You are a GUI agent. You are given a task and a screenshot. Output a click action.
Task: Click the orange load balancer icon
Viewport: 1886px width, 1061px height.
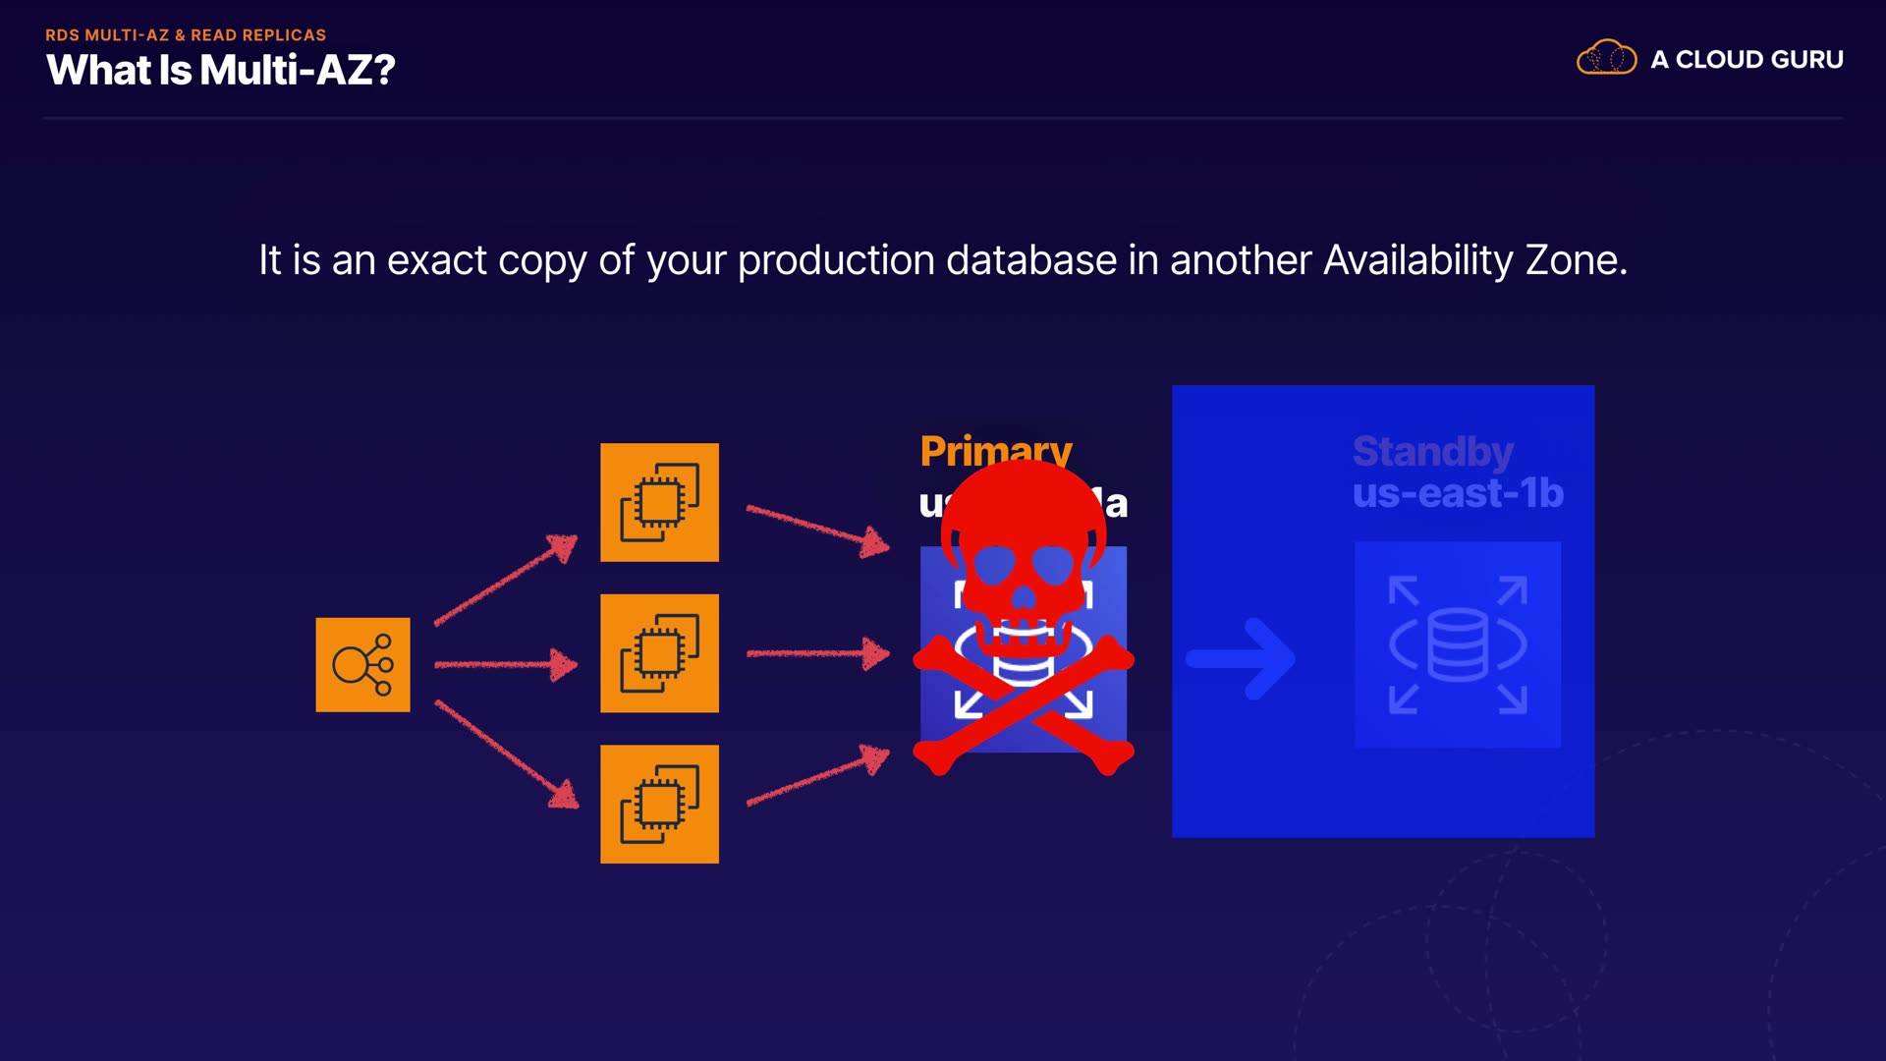coord(362,665)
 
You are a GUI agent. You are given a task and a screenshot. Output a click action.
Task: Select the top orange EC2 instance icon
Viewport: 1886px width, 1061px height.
coord(659,502)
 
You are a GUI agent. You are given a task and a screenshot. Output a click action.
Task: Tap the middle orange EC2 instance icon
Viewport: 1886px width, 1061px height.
coord(659,653)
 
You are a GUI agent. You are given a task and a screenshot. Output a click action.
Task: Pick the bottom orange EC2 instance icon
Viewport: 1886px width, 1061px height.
coord(659,805)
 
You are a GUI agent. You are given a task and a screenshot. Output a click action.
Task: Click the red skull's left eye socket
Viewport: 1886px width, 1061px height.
coord(994,564)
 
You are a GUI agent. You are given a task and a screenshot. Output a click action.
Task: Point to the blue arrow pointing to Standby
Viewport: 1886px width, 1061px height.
coord(1242,658)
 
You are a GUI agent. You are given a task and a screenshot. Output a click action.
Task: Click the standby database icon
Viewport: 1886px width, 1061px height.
coord(1457,644)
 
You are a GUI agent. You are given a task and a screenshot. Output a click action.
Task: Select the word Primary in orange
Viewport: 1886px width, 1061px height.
coord(995,451)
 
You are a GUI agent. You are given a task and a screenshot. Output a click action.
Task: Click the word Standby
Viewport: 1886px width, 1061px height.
coord(1432,452)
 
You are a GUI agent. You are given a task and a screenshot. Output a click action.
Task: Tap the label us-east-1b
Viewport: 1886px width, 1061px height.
coord(1458,493)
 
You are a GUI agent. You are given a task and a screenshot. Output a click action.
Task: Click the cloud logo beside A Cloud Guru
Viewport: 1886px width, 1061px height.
coord(1606,58)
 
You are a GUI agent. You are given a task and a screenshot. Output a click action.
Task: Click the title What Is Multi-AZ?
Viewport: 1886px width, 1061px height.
coord(221,70)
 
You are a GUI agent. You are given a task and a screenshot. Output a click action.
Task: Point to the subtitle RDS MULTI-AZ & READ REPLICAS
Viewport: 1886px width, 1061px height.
coord(186,35)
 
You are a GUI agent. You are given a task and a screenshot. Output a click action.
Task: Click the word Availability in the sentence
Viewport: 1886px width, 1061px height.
coord(1417,260)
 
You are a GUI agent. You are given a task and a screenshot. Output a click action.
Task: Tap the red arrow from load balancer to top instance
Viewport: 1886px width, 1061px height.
coord(505,580)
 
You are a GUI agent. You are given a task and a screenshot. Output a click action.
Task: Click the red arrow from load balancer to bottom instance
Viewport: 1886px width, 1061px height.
coord(505,753)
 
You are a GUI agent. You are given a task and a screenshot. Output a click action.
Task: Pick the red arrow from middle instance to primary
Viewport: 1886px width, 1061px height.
coord(817,653)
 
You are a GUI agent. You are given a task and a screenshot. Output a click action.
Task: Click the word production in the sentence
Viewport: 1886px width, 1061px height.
coord(835,260)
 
